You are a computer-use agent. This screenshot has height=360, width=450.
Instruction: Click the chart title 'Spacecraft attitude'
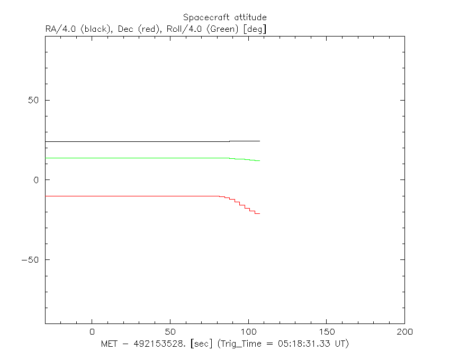click(224, 17)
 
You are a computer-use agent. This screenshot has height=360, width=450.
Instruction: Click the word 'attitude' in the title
click(250, 17)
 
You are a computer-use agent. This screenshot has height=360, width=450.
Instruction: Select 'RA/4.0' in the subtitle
click(60, 29)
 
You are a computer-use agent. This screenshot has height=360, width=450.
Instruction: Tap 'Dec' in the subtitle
click(125, 29)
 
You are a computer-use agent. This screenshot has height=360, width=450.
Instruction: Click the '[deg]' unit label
click(255, 29)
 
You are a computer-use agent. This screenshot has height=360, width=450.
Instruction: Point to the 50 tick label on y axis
click(33, 100)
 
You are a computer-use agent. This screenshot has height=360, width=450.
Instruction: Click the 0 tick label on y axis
click(36, 180)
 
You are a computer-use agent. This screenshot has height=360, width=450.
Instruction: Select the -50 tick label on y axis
click(30, 260)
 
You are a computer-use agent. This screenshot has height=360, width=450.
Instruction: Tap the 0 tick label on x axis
click(92, 332)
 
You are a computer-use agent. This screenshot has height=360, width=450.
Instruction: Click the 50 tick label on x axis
click(170, 332)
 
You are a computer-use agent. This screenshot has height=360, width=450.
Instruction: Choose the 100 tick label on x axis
click(248, 332)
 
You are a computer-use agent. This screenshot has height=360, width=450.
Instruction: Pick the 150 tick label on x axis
click(327, 332)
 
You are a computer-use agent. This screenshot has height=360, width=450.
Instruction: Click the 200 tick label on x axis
click(404, 332)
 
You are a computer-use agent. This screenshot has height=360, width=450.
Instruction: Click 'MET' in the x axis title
click(109, 344)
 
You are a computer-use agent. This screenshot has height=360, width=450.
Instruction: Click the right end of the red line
click(260, 213)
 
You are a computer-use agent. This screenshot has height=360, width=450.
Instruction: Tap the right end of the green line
click(260, 160)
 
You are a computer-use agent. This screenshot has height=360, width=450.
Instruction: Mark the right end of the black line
click(260, 141)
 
